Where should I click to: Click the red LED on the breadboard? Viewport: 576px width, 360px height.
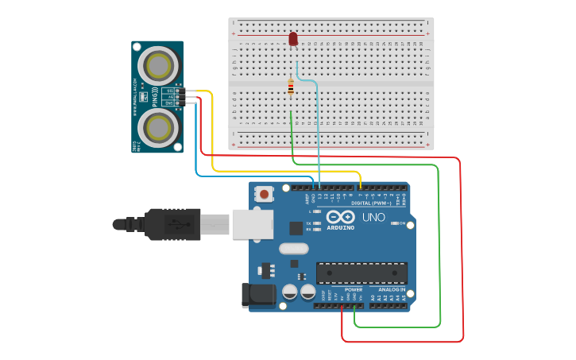pos(293,38)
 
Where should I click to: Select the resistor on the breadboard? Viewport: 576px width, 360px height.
pos(291,87)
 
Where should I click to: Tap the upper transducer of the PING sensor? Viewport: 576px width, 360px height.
pos(157,64)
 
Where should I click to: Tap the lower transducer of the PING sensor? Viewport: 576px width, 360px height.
pos(157,126)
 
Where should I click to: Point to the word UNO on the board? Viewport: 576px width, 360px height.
pos(373,218)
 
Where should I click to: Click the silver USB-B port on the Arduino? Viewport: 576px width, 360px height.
pos(251,224)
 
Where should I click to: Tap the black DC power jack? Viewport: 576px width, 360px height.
pos(258,295)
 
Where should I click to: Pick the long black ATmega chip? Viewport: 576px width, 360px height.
pos(361,273)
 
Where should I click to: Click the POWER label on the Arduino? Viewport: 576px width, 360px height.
pos(353,290)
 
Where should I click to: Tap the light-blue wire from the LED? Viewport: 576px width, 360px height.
pos(319,127)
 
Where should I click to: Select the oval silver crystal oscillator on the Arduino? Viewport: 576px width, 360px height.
pos(293,248)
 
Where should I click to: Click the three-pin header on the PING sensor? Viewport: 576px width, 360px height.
pos(180,96)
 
